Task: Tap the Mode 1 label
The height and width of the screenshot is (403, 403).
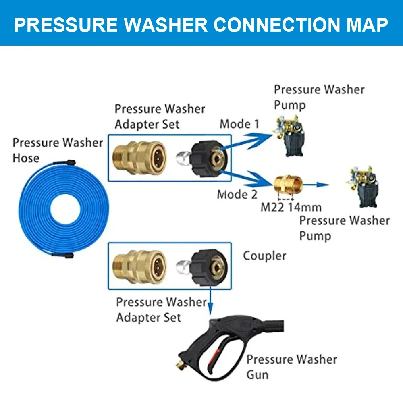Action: click(x=239, y=124)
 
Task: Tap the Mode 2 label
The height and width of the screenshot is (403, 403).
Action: click(x=237, y=194)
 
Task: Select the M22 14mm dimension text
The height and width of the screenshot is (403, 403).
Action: click(x=291, y=208)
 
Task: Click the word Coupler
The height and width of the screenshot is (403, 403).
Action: click(x=264, y=256)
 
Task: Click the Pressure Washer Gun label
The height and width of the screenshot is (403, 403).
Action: click(x=291, y=366)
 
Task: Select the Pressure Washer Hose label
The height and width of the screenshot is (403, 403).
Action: click(x=58, y=150)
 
